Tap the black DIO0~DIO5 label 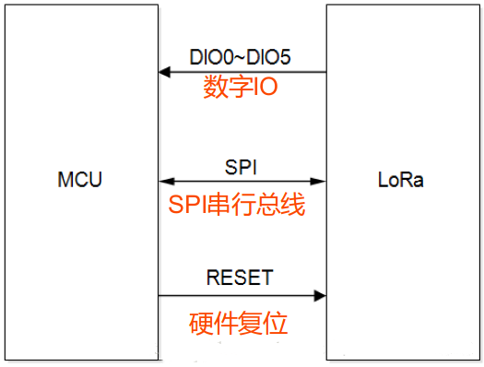tap(240, 56)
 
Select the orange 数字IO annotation tap(240, 89)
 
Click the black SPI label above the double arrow tap(242, 166)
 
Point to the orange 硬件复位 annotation tap(239, 324)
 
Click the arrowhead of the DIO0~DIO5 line tap(163, 71)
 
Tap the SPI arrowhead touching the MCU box tap(163, 180)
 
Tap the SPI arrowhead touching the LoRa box tap(320, 180)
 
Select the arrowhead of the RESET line tap(320, 295)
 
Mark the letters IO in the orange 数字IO tap(265, 89)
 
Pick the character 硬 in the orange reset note tap(201, 324)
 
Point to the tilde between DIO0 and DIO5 tap(240, 56)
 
